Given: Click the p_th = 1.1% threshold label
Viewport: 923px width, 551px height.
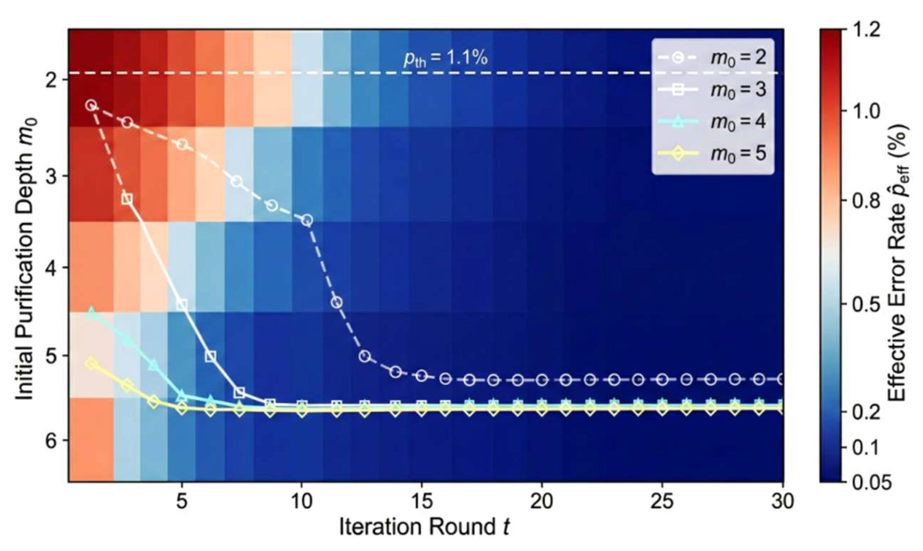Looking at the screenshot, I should click(445, 59).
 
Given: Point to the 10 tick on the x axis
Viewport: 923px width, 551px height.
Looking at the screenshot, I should click(302, 502).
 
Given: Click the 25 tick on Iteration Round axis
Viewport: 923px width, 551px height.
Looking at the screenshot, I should click(662, 502).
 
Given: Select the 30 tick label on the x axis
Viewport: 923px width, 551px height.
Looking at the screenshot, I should click(782, 502).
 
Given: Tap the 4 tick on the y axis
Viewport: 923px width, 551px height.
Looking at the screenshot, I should click(51, 268).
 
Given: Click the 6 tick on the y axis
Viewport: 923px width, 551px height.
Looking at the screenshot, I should click(51, 440).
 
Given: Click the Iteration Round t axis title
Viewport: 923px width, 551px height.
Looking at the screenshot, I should click(424, 527).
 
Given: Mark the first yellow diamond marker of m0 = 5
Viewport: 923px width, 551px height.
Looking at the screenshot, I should click(91, 364).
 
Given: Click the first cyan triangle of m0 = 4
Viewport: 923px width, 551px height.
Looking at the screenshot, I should click(91, 313).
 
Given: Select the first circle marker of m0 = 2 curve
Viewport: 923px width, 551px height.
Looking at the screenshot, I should click(90, 105).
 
